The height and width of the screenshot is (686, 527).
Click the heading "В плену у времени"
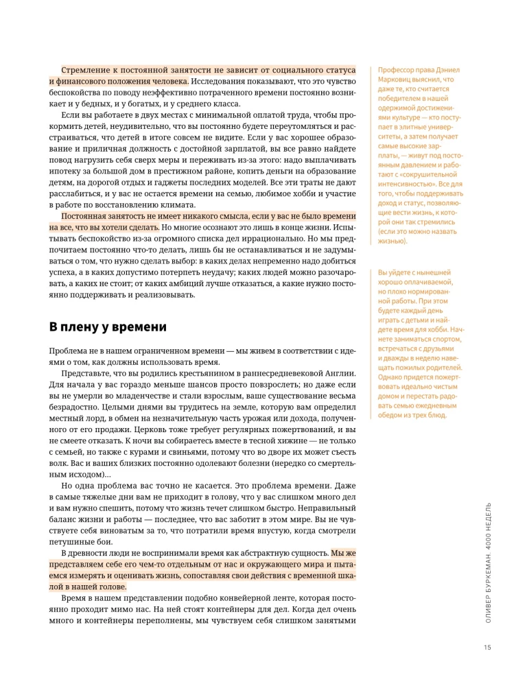point(108,327)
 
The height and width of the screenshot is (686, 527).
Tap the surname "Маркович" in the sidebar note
point(397,80)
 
